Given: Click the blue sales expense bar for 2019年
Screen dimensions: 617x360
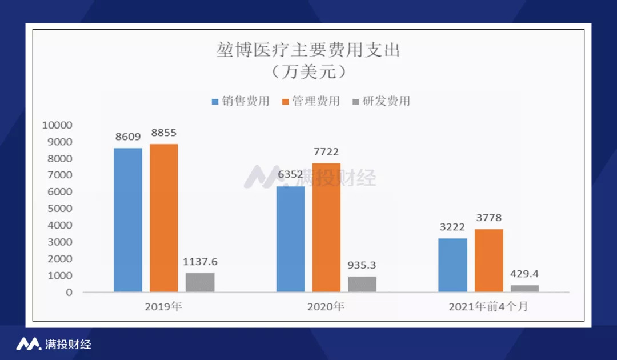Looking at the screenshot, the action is (x=128, y=220).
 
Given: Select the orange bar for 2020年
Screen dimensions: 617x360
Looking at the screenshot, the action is (x=326, y=227).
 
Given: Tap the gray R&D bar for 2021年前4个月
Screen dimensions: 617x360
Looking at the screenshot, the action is (x=525, y=289).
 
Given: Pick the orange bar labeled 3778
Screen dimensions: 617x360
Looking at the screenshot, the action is (x=488, y=261).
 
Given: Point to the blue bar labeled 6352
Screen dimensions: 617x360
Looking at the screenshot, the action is (x=290, y=239).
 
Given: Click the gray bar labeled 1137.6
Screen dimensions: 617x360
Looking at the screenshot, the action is (x=200, y=282).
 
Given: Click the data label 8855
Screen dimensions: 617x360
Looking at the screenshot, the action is (x=164, y=133).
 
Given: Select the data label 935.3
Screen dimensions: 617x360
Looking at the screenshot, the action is (x=362, y=265).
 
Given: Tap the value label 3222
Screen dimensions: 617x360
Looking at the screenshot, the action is (x=452, y=227).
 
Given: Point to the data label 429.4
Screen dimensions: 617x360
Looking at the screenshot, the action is (x=524, y=274).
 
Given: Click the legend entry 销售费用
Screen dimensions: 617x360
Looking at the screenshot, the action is (x=241, y=101).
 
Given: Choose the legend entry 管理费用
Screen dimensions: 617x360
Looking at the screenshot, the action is (x=311, y=101).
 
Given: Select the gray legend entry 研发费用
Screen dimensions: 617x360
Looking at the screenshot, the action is (x=381, y=101).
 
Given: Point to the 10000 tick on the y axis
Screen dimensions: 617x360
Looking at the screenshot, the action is (x=58, y=125).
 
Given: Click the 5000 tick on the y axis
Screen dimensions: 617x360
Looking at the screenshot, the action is (x=60, y=209).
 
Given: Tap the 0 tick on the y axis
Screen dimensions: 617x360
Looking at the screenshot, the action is (x=69, y=293).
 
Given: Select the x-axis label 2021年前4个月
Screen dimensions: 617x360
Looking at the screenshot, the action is (x=488, y=306).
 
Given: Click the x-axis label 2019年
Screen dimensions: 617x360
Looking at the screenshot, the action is (x=163, y=306).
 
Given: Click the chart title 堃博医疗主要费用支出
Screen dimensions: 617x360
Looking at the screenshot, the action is (x=308, y=50).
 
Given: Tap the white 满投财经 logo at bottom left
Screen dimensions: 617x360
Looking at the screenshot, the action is (x=54, y=344).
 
